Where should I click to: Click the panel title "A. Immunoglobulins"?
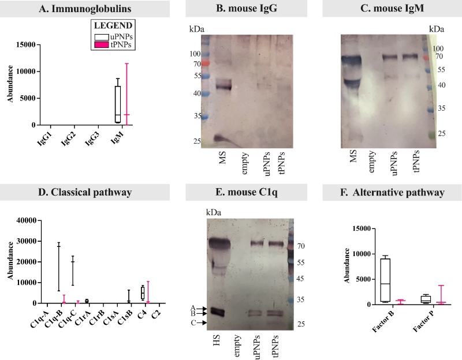tap(77, 9)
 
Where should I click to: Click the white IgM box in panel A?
tap(118, 104)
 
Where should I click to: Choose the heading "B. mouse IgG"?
tap(231, 9)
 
